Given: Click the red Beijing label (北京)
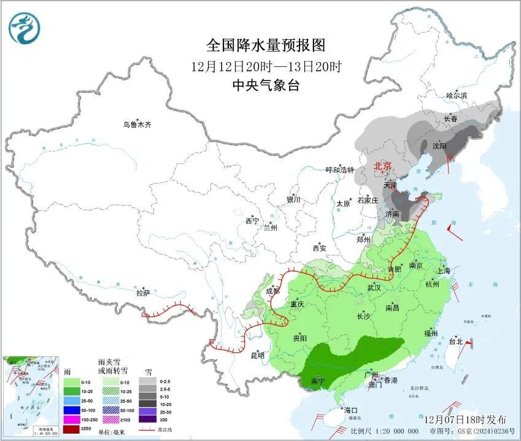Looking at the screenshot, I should (x=383, y=166).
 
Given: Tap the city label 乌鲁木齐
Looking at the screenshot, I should (x=136, y=125).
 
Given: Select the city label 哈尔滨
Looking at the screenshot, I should (x=457, y=96).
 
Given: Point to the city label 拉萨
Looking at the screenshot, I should (x=143, y=293).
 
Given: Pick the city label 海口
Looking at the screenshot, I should (x=350, y=410).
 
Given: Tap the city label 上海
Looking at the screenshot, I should (x=444, y=271).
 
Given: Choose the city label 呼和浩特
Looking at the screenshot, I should (x=339, y=170).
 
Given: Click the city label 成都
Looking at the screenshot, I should (x=272, y=291).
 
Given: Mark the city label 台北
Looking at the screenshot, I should (x=455, y=341).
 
